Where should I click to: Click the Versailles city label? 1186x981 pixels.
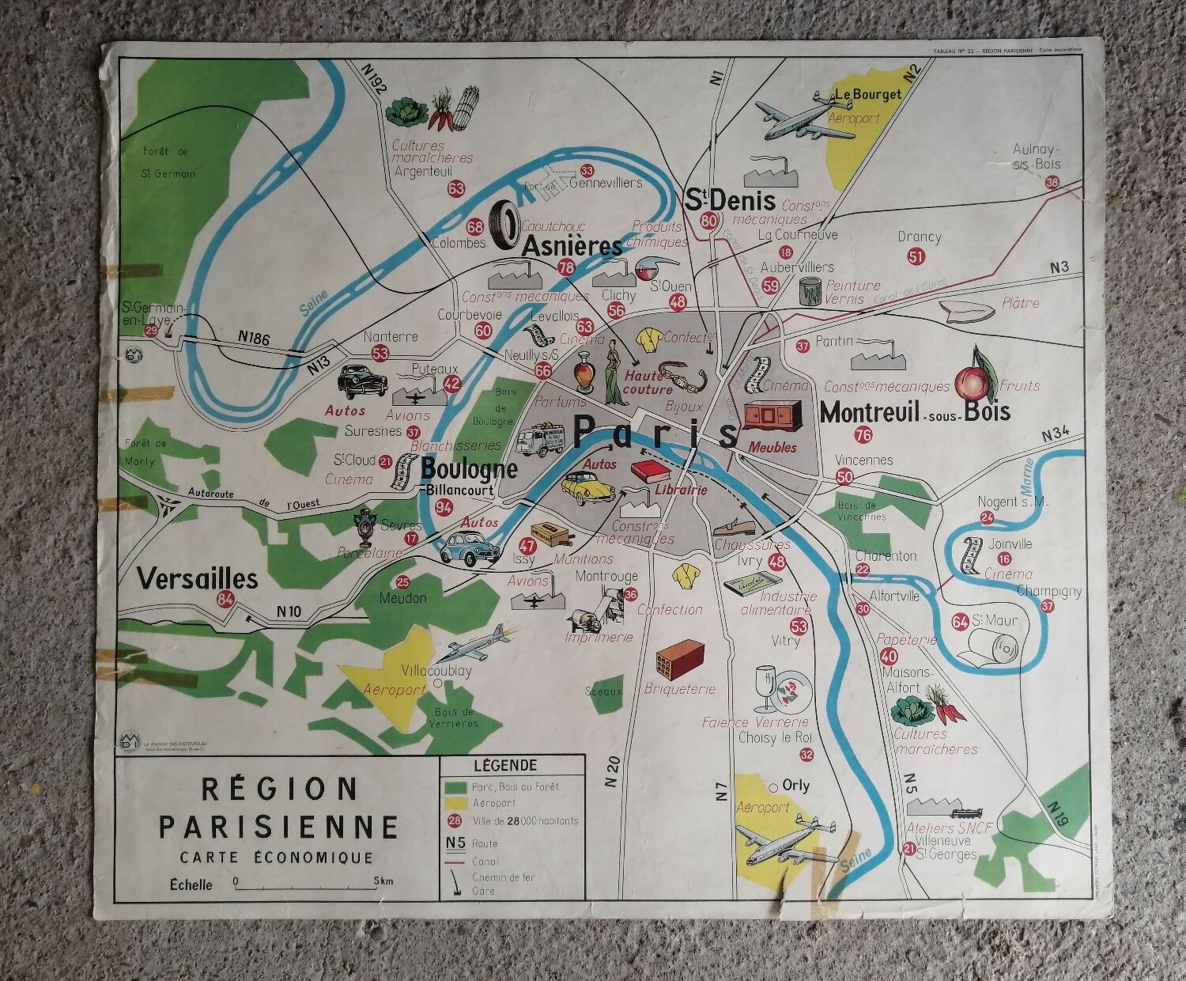(197, 578)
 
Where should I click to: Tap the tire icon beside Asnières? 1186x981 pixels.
(504, 222)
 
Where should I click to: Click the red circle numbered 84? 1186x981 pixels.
(225, 599)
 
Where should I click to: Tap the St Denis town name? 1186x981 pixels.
(729, 199)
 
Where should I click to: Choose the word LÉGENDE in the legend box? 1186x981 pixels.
(504, 765)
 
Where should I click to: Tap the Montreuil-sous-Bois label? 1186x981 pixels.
(915, 411)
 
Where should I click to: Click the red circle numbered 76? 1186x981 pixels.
(863, 435)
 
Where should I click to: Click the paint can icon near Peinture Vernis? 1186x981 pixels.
(809, 290)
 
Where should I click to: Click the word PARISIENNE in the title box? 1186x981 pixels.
(278, 826)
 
